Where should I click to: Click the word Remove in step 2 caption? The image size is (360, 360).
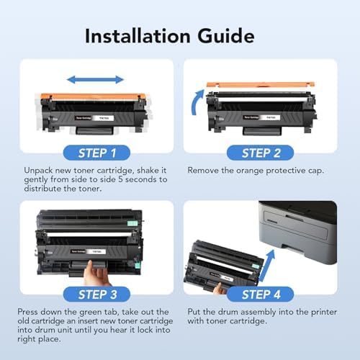[205, 172]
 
